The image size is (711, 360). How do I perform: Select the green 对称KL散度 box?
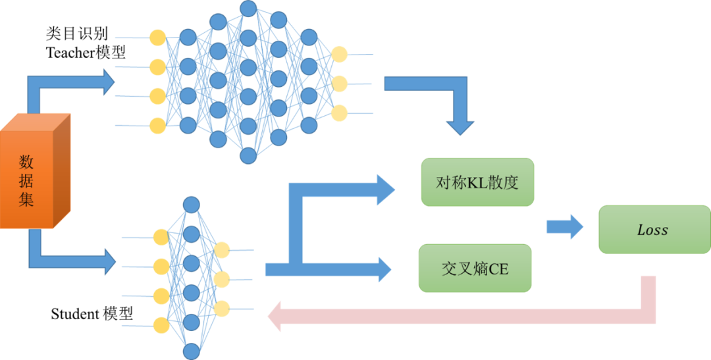pyautogui.click(x=477, y=182)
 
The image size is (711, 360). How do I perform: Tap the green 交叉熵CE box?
pyautogui.click(x=475, y=269)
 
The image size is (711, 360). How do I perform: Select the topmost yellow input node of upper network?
pyautogui.click(x=157, y=38)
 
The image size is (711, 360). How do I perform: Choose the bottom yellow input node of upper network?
pyautogui.click(x=157, y=125)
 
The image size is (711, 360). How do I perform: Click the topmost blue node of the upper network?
pyautogui.click(x=248, y=8)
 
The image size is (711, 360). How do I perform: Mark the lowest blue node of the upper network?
pyautogui.click(x=248, y=156)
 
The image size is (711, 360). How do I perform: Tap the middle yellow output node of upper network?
pyautogui.click(x=339, y=84)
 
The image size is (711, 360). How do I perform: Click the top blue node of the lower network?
pyautogui.click(x=192, y=204)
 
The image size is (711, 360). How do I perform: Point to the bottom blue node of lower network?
pyautogui.click(x=192, y=351)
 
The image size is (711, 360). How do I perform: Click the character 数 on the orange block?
pyautogui.click(x=26, y=162)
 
